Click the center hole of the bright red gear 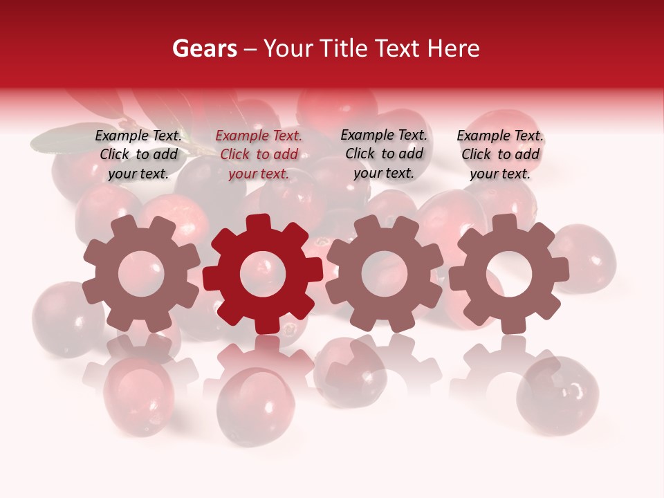click(263, 273)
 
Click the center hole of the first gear click(141, 274)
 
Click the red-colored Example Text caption click(259, 155)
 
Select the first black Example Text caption click(138, 155)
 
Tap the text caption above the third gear click(384, 154)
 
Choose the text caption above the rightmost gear click(500, 155)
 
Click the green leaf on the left click(62, 138)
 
